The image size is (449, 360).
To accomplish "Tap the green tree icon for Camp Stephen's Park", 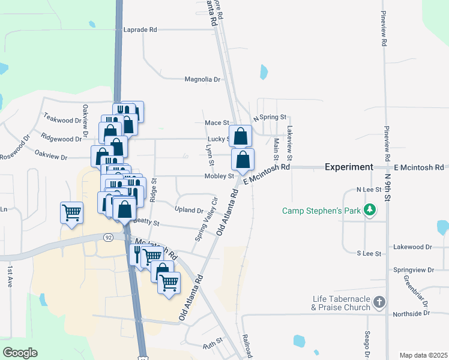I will (x=372, y=210).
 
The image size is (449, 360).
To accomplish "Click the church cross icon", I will (x=379, y=302).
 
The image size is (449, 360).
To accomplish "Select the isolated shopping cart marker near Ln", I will (x=71, y=212).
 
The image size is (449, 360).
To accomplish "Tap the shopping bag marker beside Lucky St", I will (x=240, y=136).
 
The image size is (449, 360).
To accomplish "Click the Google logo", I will (x=20, y=353).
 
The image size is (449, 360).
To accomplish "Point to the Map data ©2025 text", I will (x=423, y=355).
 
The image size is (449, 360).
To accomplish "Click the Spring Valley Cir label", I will (x=206, y=218).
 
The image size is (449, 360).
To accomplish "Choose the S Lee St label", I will (x=369, y=254).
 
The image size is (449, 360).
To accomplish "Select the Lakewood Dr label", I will (x=413, y=247).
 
